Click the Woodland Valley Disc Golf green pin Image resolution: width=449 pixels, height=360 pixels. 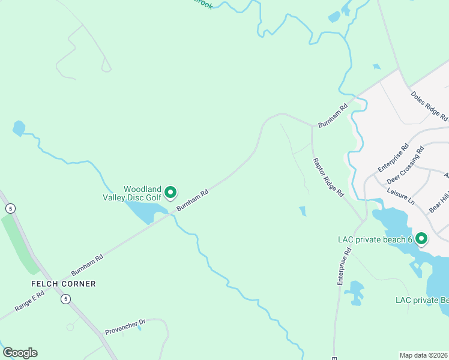(170, 192)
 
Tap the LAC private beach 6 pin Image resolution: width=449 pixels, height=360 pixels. (421, 239)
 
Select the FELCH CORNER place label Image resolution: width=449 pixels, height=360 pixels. (64, 283)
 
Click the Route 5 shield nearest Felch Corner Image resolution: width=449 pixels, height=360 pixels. (65, 298)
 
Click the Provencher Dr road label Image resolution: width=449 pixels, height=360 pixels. (125, 326)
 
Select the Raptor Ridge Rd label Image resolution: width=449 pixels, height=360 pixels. (328, 178)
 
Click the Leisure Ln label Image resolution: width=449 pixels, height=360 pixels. (401, 196)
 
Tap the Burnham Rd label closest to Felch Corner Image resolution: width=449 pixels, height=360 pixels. (88, 264)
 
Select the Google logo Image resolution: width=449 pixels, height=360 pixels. (20, 353)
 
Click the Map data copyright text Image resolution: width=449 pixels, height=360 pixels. (424, 355)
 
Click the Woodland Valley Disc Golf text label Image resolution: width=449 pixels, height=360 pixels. (142, 192)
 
